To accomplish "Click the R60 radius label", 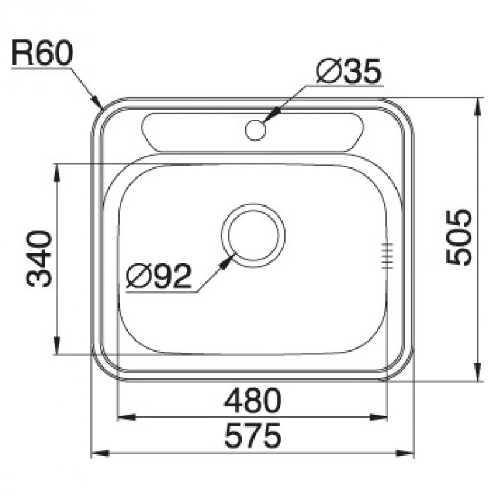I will coord(42,55).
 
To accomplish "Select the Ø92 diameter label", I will coord(158,276).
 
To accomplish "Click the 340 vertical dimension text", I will coord(39,258).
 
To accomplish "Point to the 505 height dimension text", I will coord(460,238).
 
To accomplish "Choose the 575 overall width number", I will coord(253,436).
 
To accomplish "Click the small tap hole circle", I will coord(255,129).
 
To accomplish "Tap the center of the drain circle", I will coord(253,235).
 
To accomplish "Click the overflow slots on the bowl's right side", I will coord(387,256).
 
